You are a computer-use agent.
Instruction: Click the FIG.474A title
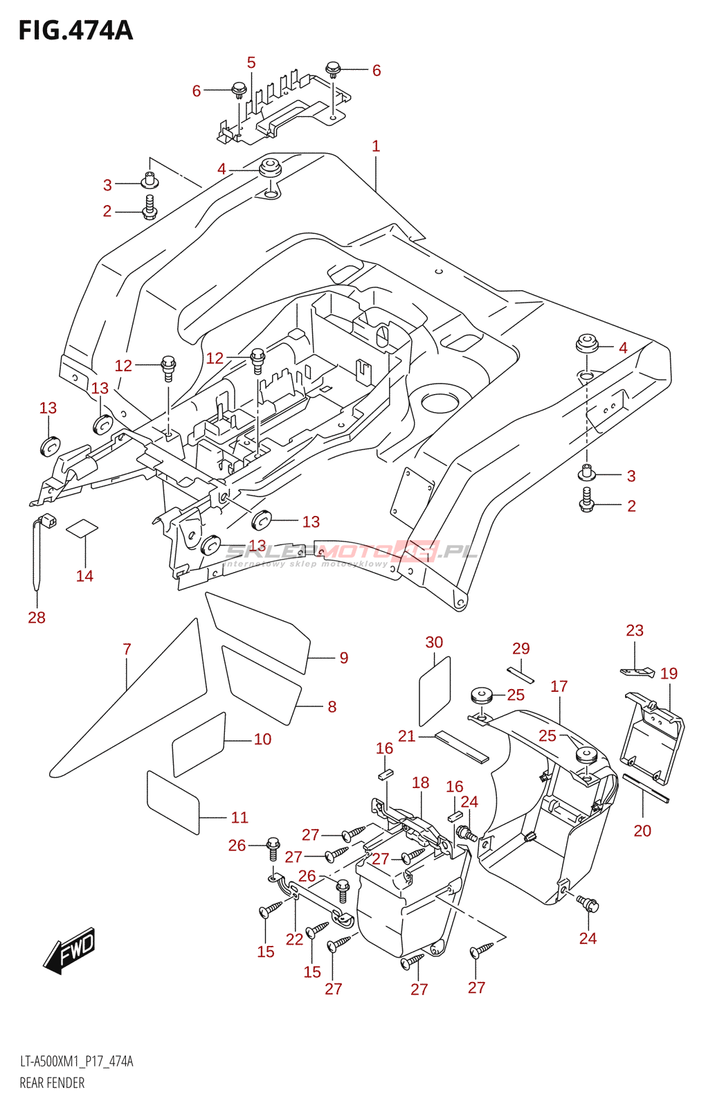(75, 31)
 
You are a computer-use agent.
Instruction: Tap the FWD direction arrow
(69, 949)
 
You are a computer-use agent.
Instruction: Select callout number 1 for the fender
(376, 146)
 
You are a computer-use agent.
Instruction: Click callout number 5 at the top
(251, 63)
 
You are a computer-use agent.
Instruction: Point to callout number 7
(127, 650)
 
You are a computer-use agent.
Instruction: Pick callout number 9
(344, 658)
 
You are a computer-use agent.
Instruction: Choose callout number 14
(84, 576)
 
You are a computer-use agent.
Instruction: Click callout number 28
(37, 618)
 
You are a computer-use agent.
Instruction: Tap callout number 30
(434, 643)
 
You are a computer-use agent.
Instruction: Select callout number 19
(669, 674)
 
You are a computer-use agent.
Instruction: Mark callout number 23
(635, 631)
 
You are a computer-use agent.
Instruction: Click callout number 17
(559, 686)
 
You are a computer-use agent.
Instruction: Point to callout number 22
(295, 939)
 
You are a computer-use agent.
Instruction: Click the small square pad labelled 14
(82, 528)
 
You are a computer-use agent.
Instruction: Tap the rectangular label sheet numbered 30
(435, 691)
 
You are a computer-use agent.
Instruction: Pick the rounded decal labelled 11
(173, 801)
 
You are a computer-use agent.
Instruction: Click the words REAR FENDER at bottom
(52, 1083)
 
